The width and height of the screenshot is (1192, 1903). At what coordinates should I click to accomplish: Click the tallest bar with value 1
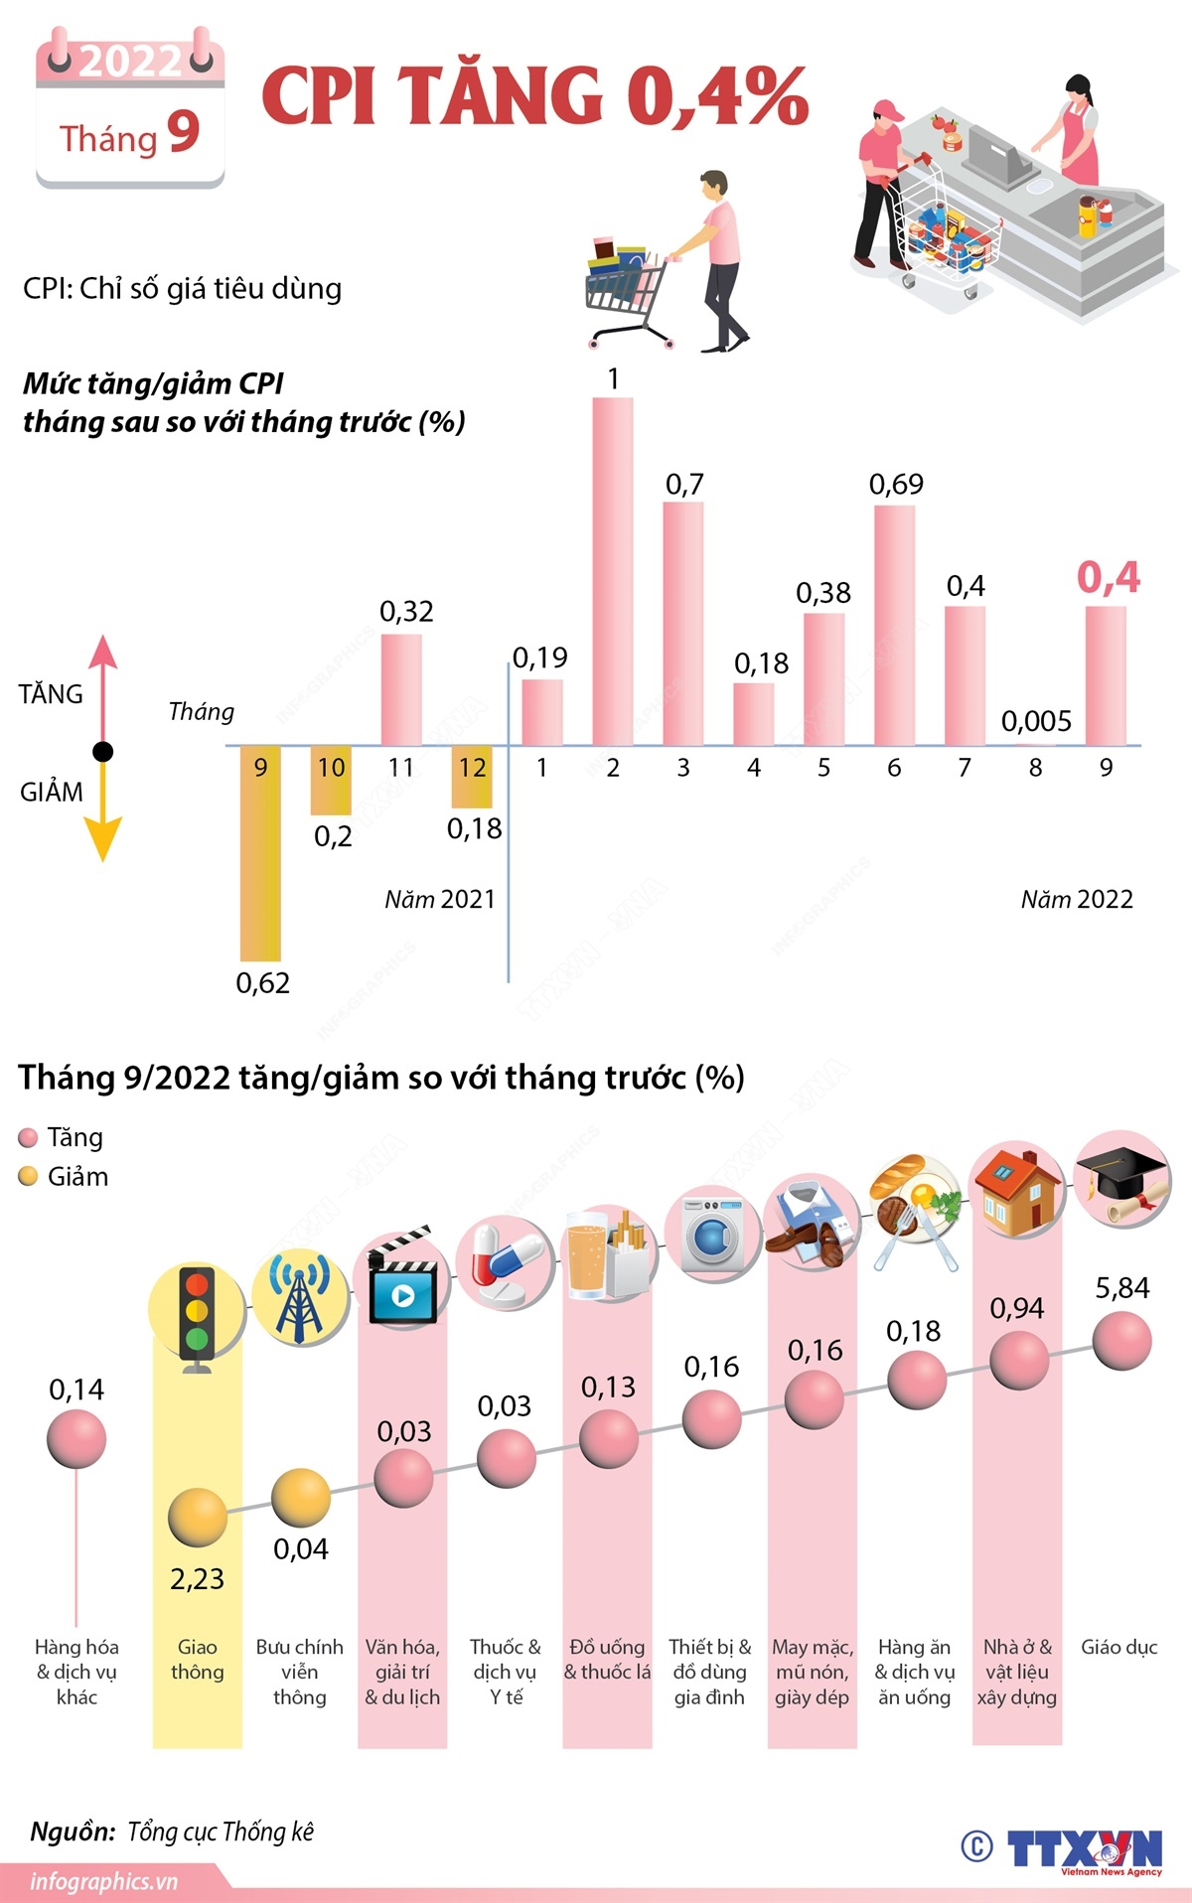pos(612,571)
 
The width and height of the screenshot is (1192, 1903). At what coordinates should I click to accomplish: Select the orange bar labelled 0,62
pos(260,854)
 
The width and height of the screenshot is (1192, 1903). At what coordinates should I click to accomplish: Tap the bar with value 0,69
pos(894,626)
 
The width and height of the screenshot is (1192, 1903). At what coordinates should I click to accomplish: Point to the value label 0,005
pos(1036,721)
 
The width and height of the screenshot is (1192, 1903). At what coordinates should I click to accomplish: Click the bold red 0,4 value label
pos(1109,577)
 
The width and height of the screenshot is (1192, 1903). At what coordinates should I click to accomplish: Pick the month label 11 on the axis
pos(401,768)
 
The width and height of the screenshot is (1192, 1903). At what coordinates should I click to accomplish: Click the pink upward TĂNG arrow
pos(103,675)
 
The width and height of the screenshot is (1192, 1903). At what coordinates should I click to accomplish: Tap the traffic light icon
pos(197,1316)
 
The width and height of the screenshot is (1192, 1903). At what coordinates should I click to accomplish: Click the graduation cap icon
pos(1121,1178)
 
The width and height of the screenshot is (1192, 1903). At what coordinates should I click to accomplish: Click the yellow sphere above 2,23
pos(197,1517)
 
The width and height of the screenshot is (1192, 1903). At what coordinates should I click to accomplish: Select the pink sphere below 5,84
pos(1121,1341)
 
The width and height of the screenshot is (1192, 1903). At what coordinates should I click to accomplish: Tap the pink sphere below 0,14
pos(76,1438)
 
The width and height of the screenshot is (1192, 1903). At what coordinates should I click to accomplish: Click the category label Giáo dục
pos(1119,1648)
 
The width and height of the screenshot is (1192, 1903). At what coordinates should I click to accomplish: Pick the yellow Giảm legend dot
pos(29,1177)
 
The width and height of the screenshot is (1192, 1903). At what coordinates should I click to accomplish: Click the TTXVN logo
pos(1083,1850)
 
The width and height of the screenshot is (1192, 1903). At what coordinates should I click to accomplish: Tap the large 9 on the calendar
pos(184,132)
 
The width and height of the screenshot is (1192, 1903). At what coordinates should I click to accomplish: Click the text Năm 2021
pos(440,900)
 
